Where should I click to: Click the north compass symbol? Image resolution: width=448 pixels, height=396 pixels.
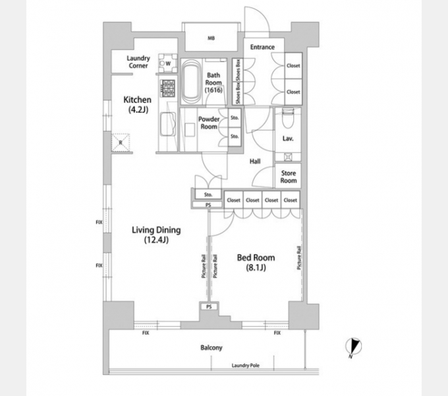tap(353, 346)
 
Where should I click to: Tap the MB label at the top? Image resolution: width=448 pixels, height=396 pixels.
tap(211, 38)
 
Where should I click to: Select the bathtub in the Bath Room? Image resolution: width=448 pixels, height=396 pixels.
tap(191, 81)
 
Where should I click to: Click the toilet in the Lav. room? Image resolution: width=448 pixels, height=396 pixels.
tap(287, 118)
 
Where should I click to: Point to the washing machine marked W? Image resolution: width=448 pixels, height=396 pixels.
tap(168, 63)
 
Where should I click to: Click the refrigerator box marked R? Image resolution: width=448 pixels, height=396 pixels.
tap(121, 142)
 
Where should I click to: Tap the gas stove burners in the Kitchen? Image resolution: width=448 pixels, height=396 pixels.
tap(168, 88)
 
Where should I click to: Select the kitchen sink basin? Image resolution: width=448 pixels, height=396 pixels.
tap(168, 124)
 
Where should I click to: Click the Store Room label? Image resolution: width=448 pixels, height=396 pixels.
tap(289, 177)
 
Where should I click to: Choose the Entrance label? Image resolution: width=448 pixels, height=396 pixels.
tap(262, 47)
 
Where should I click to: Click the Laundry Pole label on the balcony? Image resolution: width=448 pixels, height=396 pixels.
tap(246, 366)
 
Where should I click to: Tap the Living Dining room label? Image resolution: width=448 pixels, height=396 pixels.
tap(156, 234)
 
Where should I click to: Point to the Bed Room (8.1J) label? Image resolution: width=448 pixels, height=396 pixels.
tap(256, 262)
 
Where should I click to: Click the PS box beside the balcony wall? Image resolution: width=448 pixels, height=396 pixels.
tap(209, 307)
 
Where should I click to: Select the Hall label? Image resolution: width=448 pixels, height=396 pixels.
tap(255, 162)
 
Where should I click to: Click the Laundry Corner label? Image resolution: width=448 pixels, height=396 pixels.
tap(138, 62)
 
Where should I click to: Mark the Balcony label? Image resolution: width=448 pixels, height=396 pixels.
tap(211, 348)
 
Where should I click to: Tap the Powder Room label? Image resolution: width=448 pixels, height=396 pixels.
tap(209, 123)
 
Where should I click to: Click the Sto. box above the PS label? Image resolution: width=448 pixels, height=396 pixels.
tap(208, 194)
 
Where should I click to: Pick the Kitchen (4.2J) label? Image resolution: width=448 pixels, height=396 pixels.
tap(138, 104)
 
